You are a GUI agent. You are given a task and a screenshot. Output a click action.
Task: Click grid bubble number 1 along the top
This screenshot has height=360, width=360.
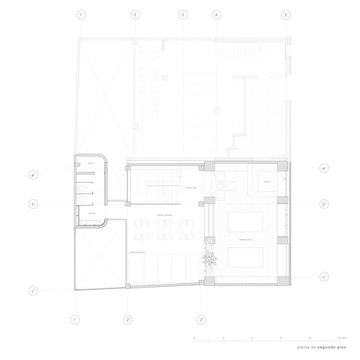click(x=82, y=14)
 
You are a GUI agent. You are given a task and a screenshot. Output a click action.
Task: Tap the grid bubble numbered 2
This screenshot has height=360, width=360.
click(x=135, y=14)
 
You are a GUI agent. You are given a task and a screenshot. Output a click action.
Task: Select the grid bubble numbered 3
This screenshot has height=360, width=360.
click(x=183, y=14)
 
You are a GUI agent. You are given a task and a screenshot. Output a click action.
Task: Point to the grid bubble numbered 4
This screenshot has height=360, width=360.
click(x=216, y=14)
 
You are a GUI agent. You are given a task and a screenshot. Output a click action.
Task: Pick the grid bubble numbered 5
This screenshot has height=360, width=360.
click(x=286, y=14)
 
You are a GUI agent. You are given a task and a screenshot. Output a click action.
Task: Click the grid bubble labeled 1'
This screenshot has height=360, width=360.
click(x=75, y=319)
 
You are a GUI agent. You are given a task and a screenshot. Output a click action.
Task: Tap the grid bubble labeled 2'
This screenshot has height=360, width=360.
click(x=127, y=319)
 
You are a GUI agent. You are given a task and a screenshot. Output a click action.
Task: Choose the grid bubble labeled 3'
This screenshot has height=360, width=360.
click(x=201, y=319)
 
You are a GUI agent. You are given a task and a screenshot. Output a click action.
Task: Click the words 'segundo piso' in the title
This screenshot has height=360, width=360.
click(x=331, y=348)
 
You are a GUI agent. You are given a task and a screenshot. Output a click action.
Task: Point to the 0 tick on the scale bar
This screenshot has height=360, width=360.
click(x=194, y=338)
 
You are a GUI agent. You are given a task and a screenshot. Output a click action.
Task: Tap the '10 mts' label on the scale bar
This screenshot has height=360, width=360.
click(x=342, y=338)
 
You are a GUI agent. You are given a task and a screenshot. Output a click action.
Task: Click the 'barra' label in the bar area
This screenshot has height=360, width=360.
click(x=267, y=183)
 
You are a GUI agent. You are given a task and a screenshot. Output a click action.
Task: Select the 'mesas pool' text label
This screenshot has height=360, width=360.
click(x=245, y=240)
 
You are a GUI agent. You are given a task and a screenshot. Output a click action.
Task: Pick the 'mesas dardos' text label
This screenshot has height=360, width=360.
click(x=164, y=215)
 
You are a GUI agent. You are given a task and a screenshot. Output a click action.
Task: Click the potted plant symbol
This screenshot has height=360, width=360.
click(x=208, y=260)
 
